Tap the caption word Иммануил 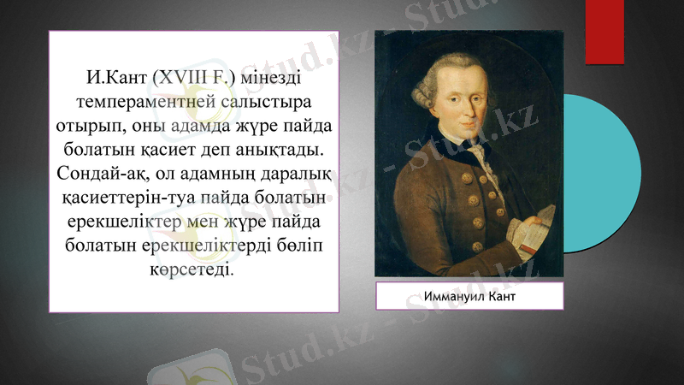pos(452,296)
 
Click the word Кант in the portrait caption pos(502,296)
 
